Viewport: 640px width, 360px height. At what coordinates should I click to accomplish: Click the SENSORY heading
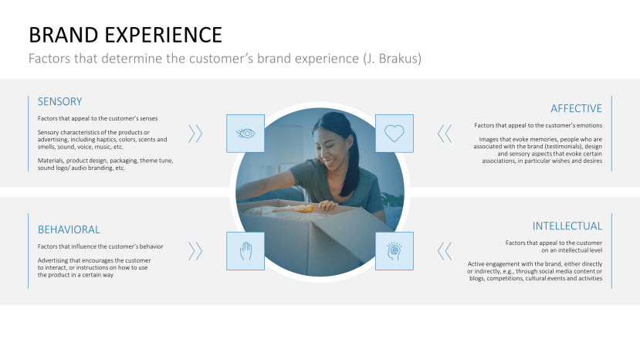point(59,101)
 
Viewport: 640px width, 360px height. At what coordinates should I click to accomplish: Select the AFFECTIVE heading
point(576,108)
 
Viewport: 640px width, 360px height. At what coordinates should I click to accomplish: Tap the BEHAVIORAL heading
point(69,229)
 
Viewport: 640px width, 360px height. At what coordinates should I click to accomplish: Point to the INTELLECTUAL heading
point(567,226)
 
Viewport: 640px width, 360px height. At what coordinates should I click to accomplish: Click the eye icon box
point(246,133)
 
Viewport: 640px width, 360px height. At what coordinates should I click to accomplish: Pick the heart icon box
point(394,133)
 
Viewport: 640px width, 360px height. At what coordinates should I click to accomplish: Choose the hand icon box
point(246,251)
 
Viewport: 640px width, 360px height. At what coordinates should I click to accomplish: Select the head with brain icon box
point(394,251)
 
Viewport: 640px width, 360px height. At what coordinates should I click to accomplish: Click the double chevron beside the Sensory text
point(195,134)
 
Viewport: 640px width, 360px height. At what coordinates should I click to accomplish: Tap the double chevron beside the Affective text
point(445,134)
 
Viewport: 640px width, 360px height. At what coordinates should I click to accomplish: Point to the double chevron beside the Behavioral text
point(195,251)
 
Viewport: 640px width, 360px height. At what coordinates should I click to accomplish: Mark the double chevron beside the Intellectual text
point(445,251)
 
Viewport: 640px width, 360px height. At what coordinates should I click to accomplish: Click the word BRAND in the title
point(63,35)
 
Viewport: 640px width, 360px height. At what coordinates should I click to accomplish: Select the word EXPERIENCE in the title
point(163,35)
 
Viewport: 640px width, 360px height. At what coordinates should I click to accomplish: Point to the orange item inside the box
point(300,209)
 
